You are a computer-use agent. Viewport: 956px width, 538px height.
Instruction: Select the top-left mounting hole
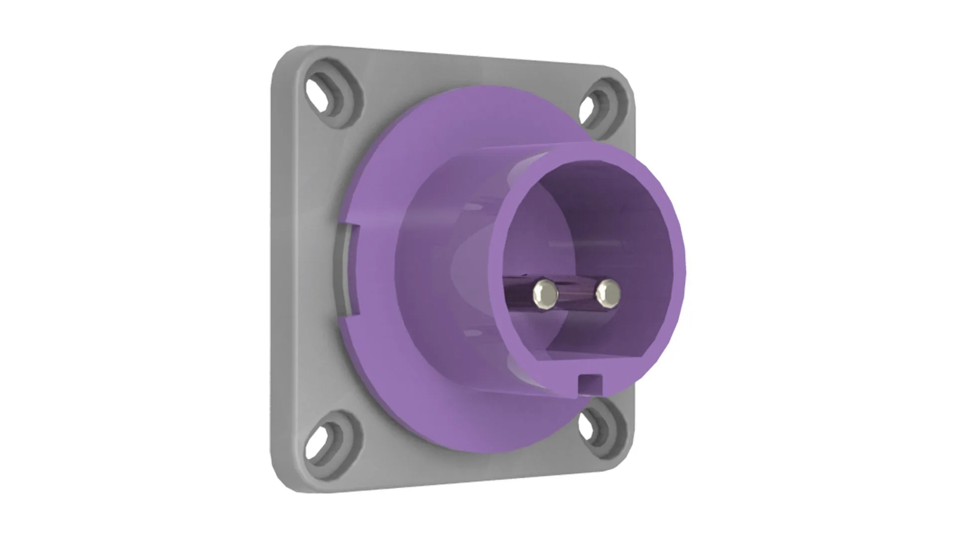tap(319, 93)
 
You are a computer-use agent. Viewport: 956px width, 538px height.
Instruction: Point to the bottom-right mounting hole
tap(591, 427)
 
